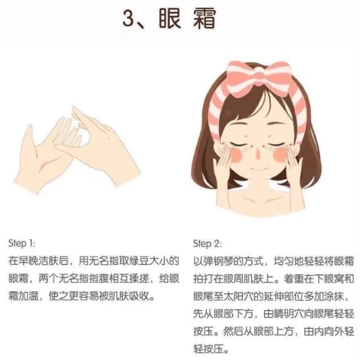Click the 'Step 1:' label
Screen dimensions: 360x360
pos(22,244)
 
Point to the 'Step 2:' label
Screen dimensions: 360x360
pos(207,244)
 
